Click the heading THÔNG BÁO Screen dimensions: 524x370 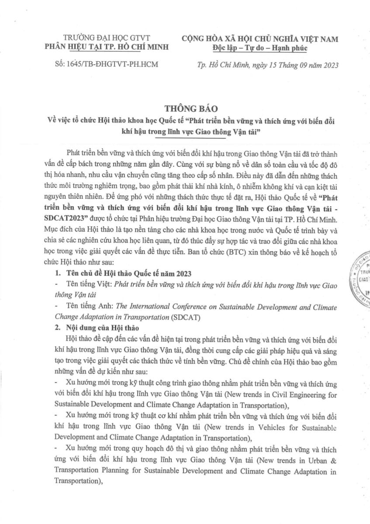coord(185,107)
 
